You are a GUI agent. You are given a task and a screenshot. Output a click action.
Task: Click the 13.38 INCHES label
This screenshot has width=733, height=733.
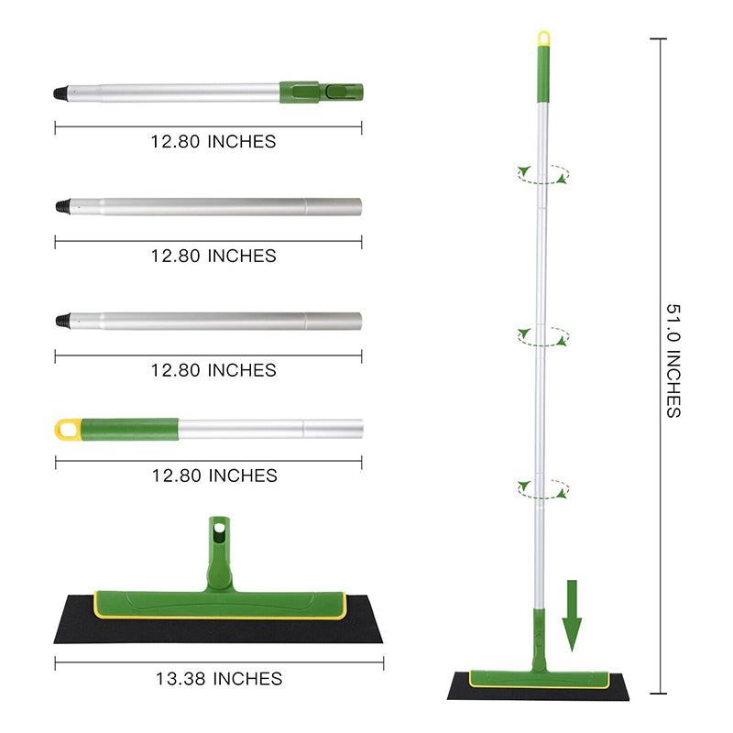click(218, 679)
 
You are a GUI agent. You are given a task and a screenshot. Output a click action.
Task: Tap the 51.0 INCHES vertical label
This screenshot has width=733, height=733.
click(673, 360)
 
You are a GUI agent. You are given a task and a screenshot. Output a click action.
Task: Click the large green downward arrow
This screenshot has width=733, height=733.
click(573, 616)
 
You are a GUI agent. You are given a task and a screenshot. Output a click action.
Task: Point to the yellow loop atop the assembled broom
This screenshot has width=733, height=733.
click(543, 38)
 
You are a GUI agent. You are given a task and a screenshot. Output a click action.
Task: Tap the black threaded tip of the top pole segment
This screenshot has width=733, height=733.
click(60, 93)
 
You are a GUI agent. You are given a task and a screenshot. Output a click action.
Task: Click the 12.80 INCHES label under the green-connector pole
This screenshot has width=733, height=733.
click(213, 142)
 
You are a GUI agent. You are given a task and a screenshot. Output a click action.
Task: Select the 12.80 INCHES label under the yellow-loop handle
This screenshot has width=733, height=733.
click(213, 476)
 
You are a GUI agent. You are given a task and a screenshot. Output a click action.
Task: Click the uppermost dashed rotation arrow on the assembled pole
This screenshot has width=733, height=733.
click(542, 174)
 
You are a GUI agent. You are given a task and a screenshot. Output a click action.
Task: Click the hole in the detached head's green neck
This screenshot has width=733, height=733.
click(219, 530)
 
